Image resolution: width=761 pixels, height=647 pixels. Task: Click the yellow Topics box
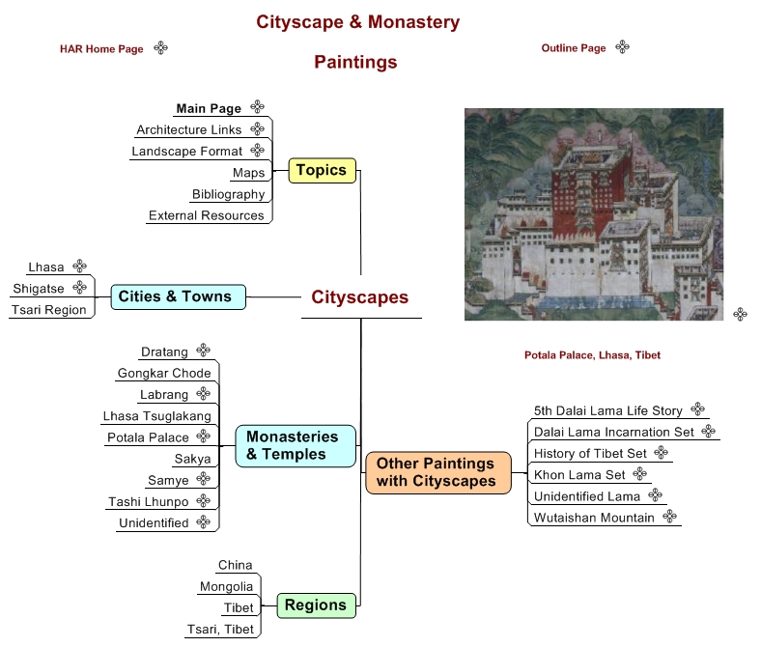pyautogui.click(x=322, y=171)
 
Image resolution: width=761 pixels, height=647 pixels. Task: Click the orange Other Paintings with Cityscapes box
pyautogui.click(x=437, y=472)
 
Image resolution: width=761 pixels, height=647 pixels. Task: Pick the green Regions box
pyautogui.click(x=315, y=605)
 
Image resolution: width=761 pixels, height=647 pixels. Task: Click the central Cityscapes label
pyautogui.click(x=359, y=297)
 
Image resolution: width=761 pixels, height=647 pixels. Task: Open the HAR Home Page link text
pyautogui.click(x=101, y=49)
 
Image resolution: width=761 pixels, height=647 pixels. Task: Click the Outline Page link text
pyautogui.click(x=574, y=48)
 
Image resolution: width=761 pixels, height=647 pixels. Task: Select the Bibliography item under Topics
pyautogui.click(x=228, y=194)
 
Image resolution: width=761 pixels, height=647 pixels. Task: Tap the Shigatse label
pyautogui.click(x=39, y=289)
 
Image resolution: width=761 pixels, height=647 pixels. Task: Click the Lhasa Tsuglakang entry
pyautogui.click(x=156, y=416)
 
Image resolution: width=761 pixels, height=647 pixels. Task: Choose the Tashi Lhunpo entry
pyautogui.click(x=148, y=501)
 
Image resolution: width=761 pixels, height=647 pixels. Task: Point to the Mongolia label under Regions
pyautogui.click(x=226, y=586)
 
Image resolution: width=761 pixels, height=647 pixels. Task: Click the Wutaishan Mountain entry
pyautogui.click(x=594, y=518)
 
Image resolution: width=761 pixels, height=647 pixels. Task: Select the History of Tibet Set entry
pyautogui.click(x=590, y=453)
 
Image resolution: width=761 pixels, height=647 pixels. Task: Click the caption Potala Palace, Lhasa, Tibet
pyautogui.click(x=592, y=355)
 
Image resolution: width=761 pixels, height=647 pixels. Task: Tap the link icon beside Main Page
pyautogui.click(x=257, y=107)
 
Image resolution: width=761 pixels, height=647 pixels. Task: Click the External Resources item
pyautogui.click(x=206, y=215)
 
